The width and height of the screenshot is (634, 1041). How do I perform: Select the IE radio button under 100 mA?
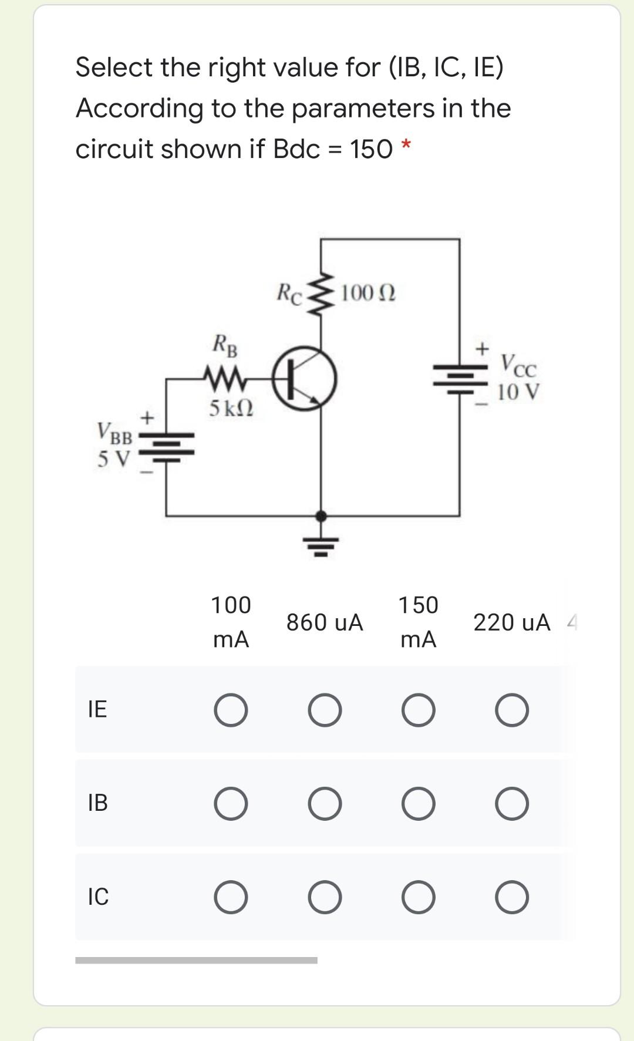231,710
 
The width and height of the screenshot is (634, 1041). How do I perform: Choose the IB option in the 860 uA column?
325,804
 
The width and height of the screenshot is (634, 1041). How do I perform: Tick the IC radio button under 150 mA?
419,898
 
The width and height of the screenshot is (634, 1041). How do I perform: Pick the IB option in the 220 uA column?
512,804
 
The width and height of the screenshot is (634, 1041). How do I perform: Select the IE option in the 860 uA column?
325,710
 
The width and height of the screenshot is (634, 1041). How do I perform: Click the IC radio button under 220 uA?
512,898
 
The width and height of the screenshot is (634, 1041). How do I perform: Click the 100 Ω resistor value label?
368,292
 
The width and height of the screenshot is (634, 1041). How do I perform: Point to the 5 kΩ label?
231,407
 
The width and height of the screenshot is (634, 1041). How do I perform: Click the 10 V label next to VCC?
518,392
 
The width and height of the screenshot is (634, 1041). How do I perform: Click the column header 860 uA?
325,622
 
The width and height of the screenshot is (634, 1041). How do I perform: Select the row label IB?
97,803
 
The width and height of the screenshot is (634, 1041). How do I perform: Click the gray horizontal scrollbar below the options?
196,961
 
